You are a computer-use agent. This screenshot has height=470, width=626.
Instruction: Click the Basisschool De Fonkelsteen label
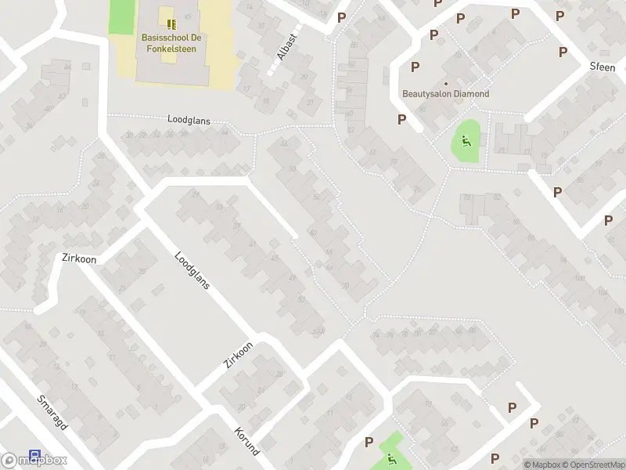coord(169,42)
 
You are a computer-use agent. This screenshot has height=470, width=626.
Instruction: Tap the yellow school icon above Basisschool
coord(171,24)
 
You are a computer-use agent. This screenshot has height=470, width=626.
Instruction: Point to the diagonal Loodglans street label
coord(192,270)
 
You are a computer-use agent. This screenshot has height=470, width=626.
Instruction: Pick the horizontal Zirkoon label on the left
coord(78,257)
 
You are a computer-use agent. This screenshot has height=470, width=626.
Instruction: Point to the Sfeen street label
coord(603,67)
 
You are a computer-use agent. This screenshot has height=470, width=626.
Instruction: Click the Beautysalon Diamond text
coord(445,94)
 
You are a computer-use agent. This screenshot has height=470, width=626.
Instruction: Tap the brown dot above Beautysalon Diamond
coord(446,83)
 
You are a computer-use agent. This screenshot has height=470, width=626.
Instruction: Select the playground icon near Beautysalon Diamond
coord(466,142)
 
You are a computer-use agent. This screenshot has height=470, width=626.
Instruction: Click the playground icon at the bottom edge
coord(389,458)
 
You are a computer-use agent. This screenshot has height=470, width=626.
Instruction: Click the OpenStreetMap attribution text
coord(592,465)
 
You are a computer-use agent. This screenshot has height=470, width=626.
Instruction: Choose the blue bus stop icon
coord(34,454)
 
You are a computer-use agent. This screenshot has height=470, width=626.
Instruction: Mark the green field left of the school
coord(121,16)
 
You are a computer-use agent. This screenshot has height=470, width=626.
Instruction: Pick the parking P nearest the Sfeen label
coord(563,52)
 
